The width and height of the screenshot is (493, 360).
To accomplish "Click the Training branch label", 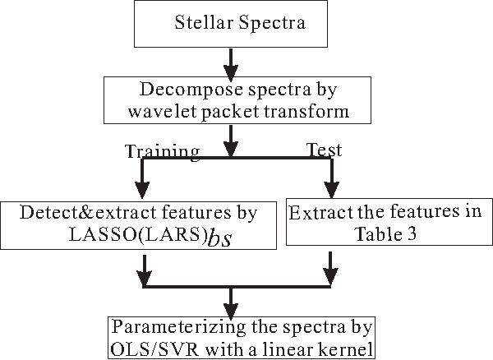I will [161, 150].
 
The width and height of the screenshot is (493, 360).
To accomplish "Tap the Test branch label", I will [324, 150].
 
